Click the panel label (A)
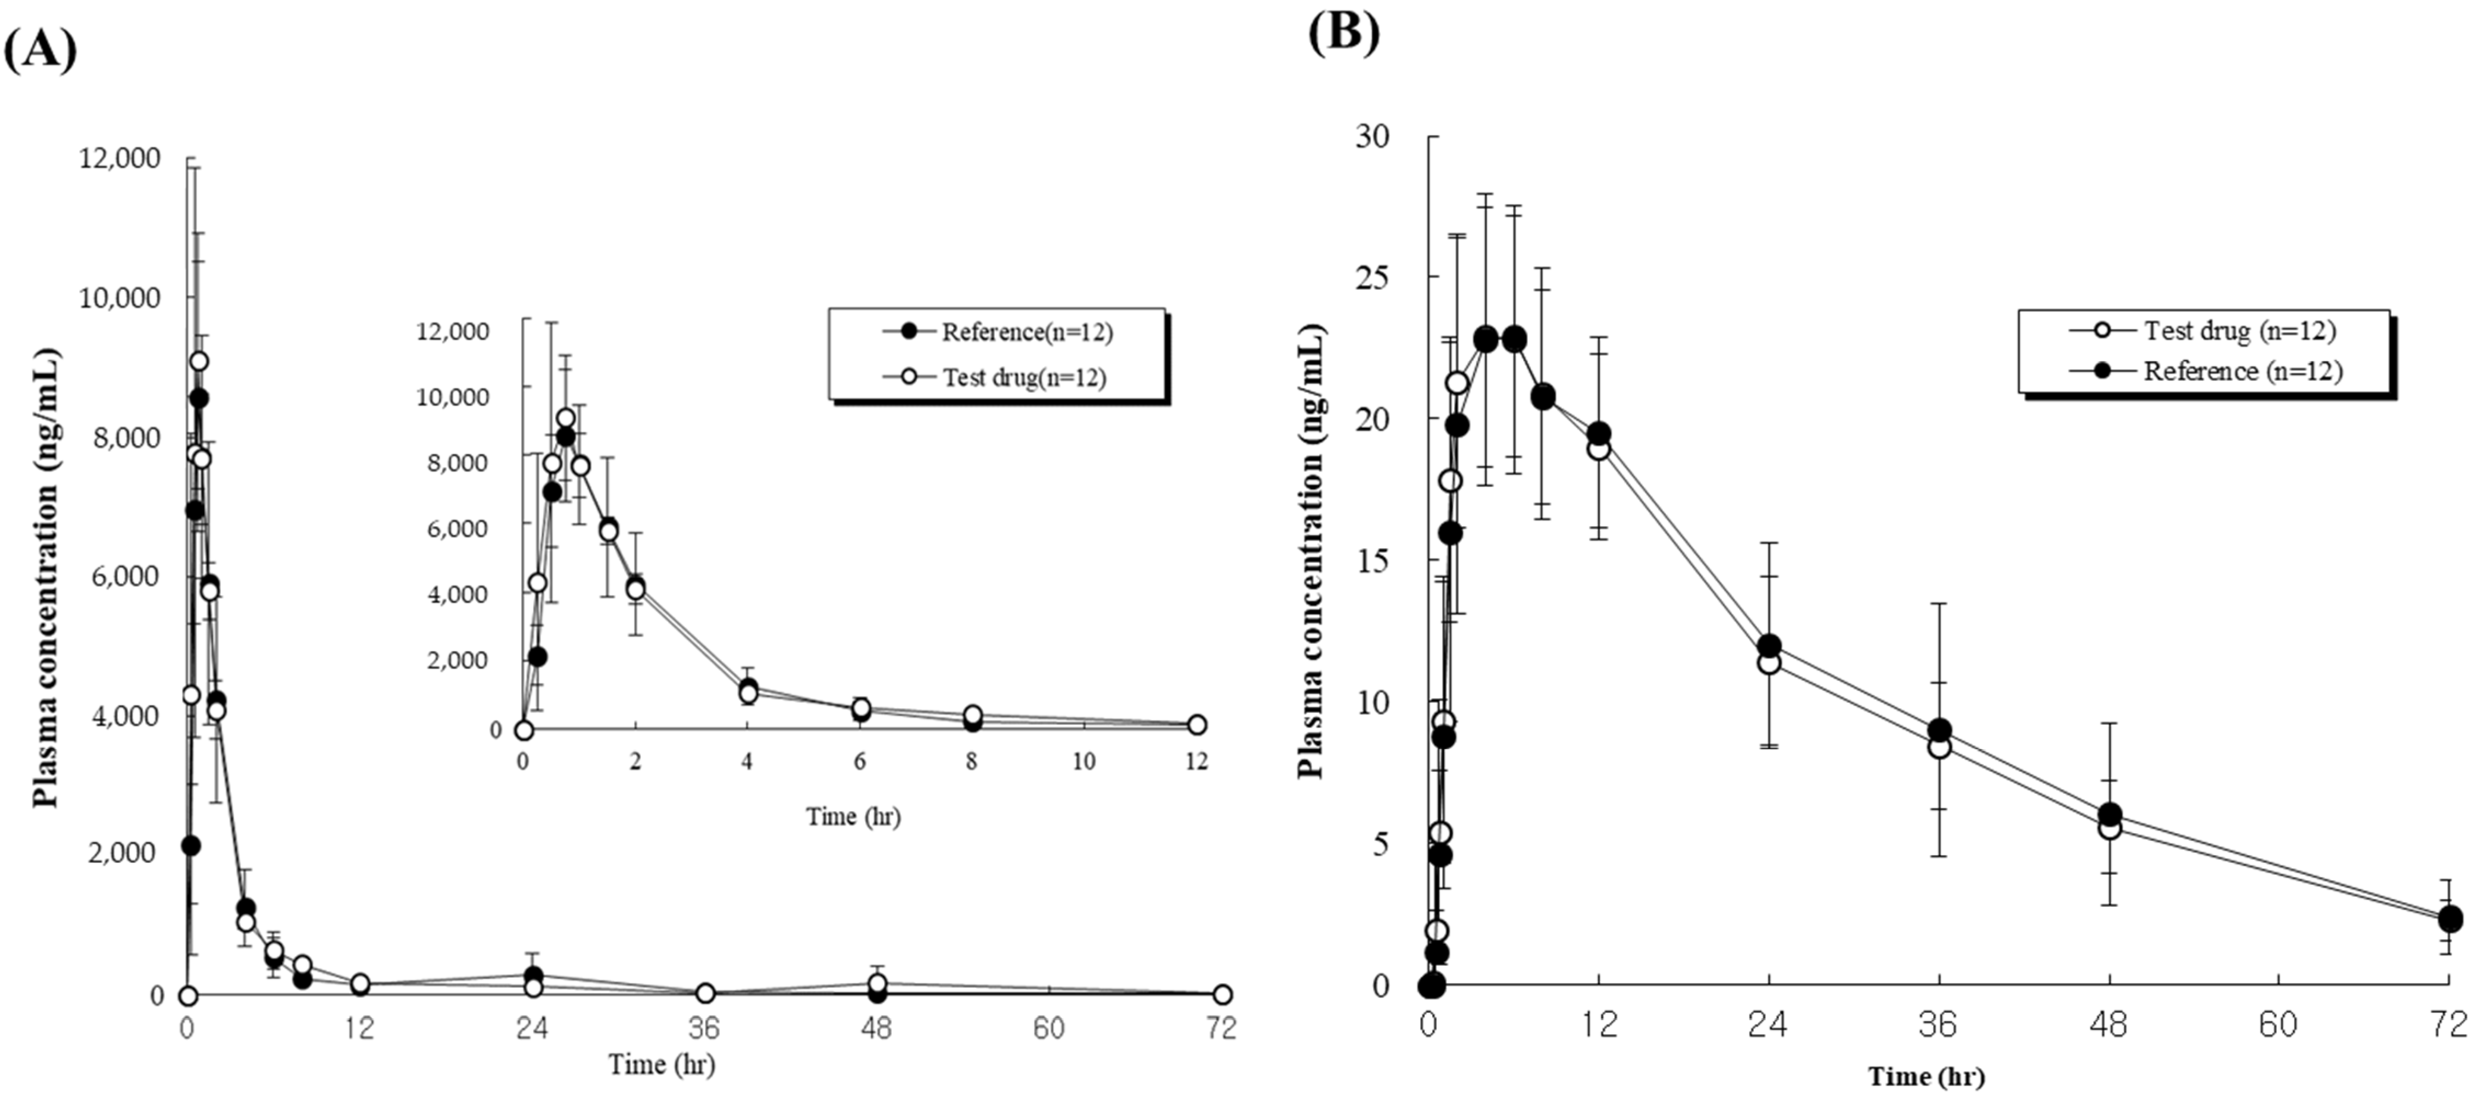pos(41,48)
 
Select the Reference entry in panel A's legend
pos(1026,332)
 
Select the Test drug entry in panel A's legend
pos(1023,377)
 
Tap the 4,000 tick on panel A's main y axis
pos(126,716)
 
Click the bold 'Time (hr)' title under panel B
pos(1926,1076)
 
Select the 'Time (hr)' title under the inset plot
pos(852,817)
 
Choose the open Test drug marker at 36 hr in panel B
pos(1939,747)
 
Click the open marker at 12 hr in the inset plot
pos(1196,725)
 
